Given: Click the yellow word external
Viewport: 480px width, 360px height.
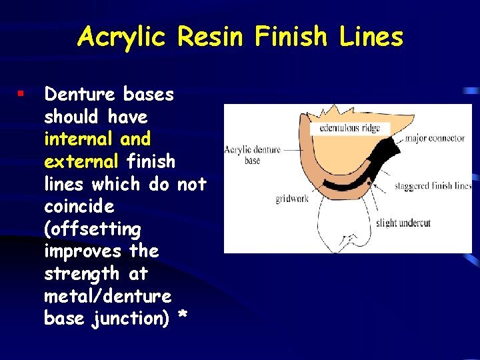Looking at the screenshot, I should click(81, 161).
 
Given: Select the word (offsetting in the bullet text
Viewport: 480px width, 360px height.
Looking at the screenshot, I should click(92, 229).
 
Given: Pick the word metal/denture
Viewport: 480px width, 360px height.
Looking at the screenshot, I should click(107, 295).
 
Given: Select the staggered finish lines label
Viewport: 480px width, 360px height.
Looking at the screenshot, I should click(433, 186).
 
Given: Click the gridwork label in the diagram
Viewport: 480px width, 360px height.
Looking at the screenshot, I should click(292, 199).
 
